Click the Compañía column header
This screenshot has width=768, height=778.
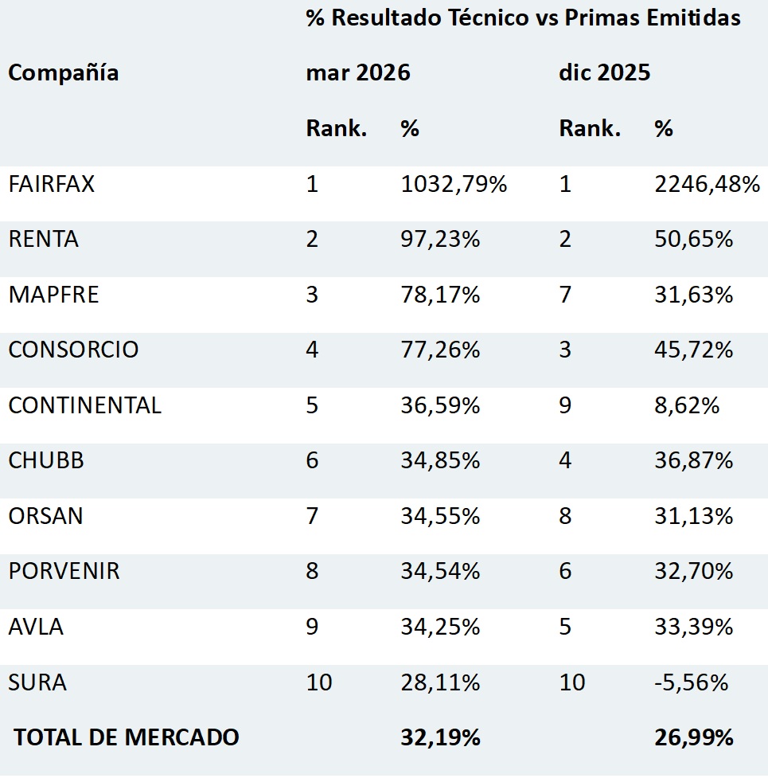click(64, 73)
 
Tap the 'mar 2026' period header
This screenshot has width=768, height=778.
click(358, 72)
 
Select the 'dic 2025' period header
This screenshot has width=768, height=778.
click(604, 72)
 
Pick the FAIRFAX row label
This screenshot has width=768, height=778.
click(52, 184)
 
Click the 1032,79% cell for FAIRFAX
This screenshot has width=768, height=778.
click(454, 184)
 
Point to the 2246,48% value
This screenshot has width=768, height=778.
click(707, 184)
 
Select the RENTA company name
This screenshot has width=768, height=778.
click(44, 239)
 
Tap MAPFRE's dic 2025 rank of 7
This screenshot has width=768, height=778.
click(565, 295)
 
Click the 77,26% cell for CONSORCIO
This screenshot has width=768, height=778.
click(440, 350)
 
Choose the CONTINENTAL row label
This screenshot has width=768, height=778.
click(85, 405)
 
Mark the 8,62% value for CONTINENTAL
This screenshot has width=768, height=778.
click(687, 405)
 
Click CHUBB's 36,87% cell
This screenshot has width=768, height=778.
click(694, 460)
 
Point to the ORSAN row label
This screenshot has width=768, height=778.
click(45, 516)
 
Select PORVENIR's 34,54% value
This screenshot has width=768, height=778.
click(440, 571)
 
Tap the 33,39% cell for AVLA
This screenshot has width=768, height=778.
click(694, 627)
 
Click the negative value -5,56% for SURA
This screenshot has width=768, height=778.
click(691, 682)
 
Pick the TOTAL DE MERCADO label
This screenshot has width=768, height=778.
click(127, 737)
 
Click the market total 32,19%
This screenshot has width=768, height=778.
click(440, 737)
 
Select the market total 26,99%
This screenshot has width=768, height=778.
click(694, 737)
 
